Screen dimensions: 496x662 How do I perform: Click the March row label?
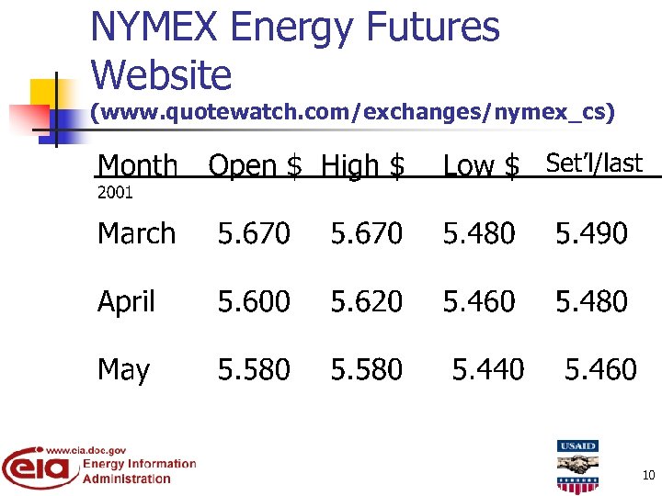click(136, 234)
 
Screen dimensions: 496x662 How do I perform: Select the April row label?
click(127, 302)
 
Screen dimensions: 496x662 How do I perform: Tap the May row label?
click(123, 370)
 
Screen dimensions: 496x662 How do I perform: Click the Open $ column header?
click(255, 166)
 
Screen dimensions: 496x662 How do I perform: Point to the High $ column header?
click(362, 166)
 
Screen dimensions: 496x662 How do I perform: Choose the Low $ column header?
click(481, 166)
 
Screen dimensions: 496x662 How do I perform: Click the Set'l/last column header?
click(594, 163)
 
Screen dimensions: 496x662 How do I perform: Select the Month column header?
click(138, 166)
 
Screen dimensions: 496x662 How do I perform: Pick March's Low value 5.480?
click(479, 234)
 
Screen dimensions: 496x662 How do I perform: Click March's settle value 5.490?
click(591, 234)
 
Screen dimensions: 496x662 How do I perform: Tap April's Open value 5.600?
click(254, 302)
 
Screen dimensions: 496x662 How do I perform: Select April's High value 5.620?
click(367, 302)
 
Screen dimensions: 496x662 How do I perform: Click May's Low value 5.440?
click(488, 370)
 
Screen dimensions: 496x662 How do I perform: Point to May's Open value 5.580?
click(254, 370)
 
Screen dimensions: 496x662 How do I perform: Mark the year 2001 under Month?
click(115, 193)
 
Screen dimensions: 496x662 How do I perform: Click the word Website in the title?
click(162, 74)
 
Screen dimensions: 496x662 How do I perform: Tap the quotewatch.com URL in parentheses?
click(352, 113)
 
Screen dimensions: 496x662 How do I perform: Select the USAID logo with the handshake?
click(577, 467)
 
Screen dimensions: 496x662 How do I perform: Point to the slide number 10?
click(648, 475)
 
